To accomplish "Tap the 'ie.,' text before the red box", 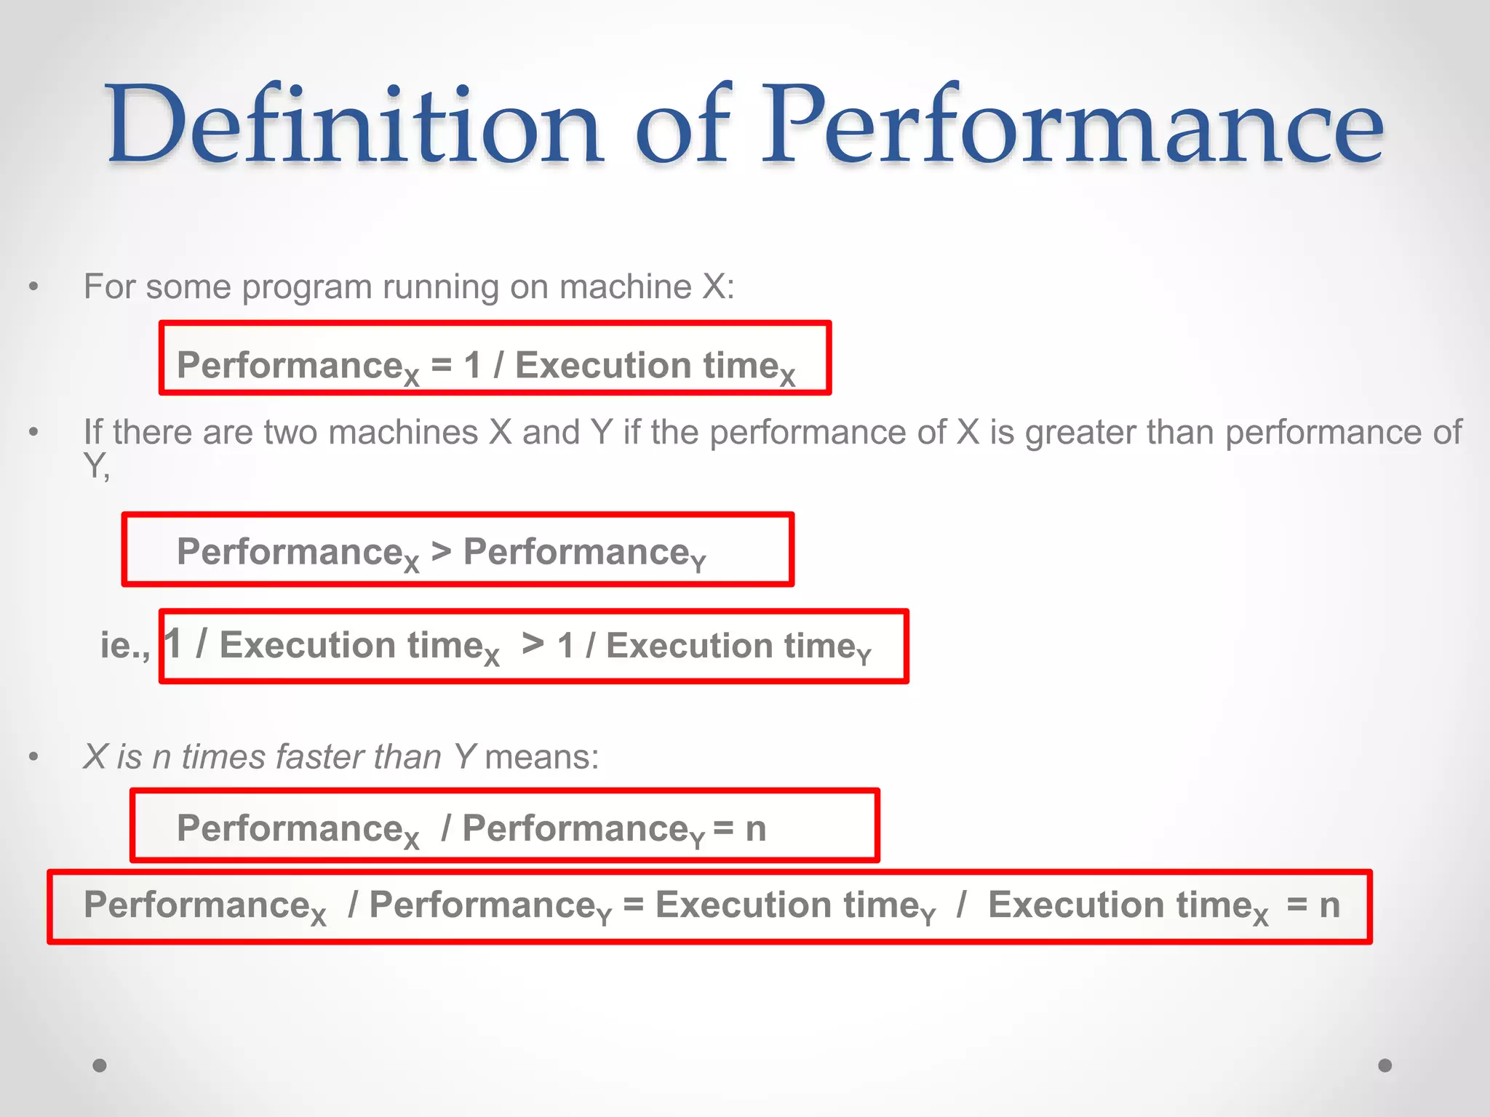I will click(125, 645).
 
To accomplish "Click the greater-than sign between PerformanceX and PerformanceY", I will click(441, 551).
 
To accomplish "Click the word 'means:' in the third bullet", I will click(542, 757).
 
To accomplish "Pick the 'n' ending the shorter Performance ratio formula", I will click(756, 829).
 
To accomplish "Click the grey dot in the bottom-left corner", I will click(100, 1065).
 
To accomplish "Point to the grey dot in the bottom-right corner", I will click(1385, 1065).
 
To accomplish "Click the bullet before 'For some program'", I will click(33, 287).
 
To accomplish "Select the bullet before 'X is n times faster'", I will click(33, 757).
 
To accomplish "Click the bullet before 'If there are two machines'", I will click(33, 433).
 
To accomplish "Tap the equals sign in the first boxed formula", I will click(441, 364).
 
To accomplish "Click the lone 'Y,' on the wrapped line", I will click(96, 466).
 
